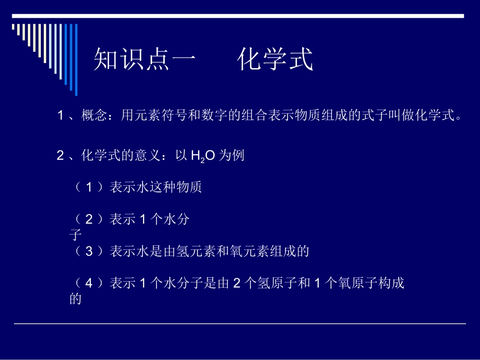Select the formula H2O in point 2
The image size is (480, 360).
click(203, 156)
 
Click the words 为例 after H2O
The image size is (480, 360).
click(232, 156)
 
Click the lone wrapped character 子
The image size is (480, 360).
click(75, 235)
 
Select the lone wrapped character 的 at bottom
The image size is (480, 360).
click(75, 299)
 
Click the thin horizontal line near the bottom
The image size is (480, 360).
click(239, 323)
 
